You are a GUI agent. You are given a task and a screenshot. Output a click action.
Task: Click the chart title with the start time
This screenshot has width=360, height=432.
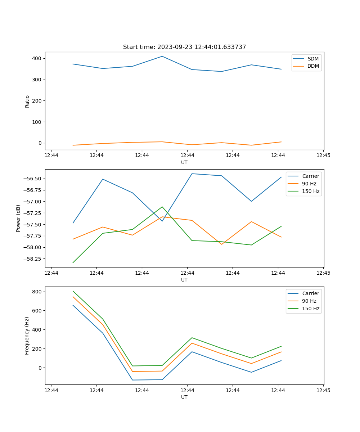tap(184, 47)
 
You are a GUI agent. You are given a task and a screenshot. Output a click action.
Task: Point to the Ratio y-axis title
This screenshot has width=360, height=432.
tap(27, 101)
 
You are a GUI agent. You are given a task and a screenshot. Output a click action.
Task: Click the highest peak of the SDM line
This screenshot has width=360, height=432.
tap(162, 56)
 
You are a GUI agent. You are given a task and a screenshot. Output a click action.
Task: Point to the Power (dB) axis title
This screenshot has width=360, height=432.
tap(18, 218)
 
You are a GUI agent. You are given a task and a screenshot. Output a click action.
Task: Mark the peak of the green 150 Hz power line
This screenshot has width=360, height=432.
tap(162, 207)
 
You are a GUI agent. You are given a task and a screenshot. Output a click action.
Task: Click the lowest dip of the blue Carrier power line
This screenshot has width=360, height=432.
tap(162, 221)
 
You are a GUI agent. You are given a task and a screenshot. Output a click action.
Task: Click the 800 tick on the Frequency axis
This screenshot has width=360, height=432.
tap(37, 292)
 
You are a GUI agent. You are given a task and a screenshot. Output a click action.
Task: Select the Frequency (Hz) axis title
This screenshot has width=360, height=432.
tap(27, 336)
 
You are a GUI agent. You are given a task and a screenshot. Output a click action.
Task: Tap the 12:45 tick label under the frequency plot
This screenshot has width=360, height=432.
tap(323, 390)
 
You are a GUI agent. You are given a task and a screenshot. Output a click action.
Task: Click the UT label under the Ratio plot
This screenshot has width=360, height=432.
tap(184, 162)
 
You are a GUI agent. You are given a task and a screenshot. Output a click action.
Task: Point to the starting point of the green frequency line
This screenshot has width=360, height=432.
tap(73, 291)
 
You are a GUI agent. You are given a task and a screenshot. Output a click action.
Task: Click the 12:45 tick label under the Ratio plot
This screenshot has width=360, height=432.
tap(323, 156)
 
